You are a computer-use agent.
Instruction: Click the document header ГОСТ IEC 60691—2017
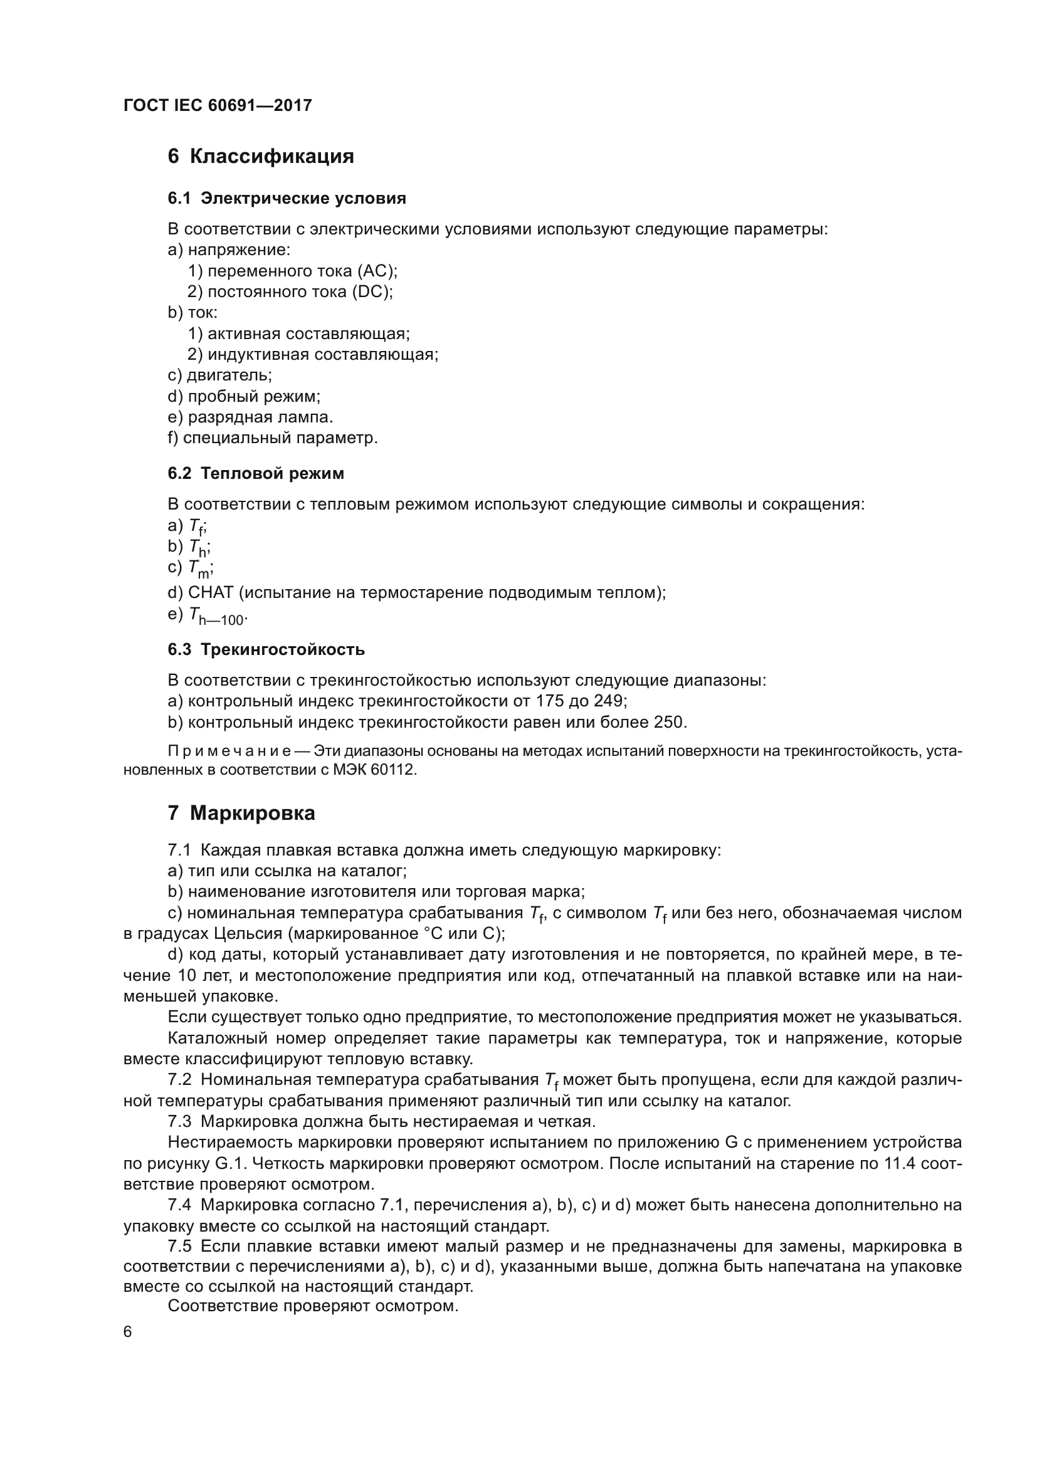pyautogui.click(x=218, y=106)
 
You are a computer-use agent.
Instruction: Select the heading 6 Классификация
pyautogui.click(x=261, y=157)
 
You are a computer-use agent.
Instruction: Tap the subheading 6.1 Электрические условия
pyautogui.click(x=287, y=199)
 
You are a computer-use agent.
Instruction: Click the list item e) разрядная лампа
pyautogui.click(x=250, y=417)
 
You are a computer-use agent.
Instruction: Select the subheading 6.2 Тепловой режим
pyautogui.click(x=255, y=474)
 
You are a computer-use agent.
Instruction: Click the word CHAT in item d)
pyautogui.click(x=211, y=593)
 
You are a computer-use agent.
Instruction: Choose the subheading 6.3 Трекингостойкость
pyautogui.click(x=266, y=650)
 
